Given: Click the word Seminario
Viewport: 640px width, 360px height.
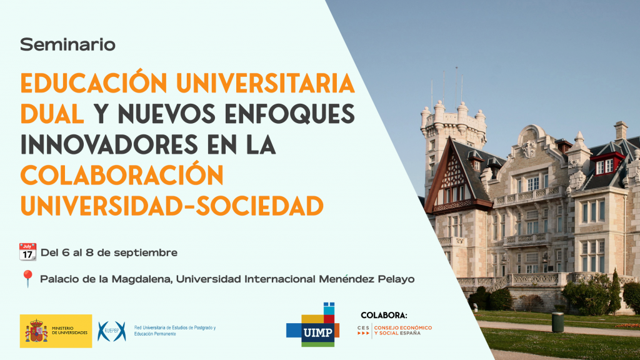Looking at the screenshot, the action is (x=67, y=44).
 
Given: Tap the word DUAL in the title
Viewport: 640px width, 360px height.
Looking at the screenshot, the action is (x=52, y=114).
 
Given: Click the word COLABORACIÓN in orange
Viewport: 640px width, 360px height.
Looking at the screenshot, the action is (x=122, y=175).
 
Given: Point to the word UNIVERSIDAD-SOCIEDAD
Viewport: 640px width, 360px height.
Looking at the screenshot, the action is (x=172, y=206).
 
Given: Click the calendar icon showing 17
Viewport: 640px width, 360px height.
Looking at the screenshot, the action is (x=27, y=252).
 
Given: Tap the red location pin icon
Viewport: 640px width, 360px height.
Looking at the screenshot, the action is (x=27, y=279).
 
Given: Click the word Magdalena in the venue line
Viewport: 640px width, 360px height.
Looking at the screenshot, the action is (x=143, y=279).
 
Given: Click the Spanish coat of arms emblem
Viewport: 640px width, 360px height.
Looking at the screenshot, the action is (x=36, y=331).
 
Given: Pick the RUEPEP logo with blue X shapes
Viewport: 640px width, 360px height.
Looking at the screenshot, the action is (x=112, y=331).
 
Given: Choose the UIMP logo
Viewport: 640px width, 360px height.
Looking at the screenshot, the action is (x=313, y=325).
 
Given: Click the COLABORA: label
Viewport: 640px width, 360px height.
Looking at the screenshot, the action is (x=384, y=316).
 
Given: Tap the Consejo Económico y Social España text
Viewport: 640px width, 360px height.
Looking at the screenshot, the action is (x=403, y=331).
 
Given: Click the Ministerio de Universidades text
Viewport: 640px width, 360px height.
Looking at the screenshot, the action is (x=70, y=331).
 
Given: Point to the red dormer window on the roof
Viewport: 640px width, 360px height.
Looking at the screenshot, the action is (x=607, y=163).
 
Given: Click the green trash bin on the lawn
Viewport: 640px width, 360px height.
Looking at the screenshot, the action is (x=557, y=322).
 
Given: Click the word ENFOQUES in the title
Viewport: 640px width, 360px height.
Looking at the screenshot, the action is (x=289, y=114).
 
